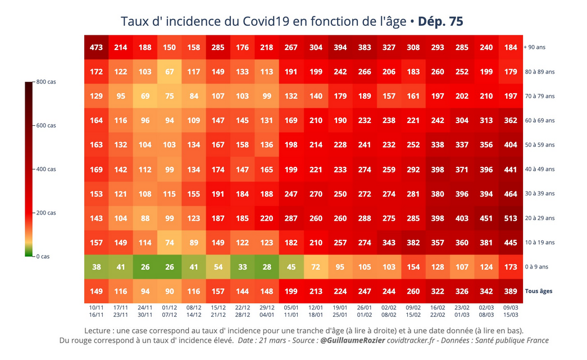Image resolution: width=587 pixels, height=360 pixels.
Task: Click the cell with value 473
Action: [x=96, y=48]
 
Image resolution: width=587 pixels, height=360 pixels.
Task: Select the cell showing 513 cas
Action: [x=511, y=218]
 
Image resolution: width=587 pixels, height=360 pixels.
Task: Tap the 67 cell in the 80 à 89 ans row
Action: [x=169, y=72]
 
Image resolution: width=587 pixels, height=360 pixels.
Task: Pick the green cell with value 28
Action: [x=267, y=267]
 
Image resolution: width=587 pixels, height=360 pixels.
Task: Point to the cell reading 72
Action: [x=316, y=267]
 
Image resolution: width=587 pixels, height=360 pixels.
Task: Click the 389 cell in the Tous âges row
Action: [x=511, y=291]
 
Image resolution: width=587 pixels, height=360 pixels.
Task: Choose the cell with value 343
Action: [x=389, y=243]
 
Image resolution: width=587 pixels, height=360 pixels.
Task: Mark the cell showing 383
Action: [x=365, y=48]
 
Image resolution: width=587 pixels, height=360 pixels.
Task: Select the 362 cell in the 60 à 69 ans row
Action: [x=511, y=121]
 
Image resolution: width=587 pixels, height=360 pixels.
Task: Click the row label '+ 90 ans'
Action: [x=535, y=48]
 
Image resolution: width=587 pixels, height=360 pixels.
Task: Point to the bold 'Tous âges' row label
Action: [x=539, y=291]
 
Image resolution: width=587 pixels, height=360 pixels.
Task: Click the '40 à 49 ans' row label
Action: [x=539, y=170]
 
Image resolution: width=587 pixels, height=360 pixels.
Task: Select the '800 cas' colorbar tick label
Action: [x=46, y=82]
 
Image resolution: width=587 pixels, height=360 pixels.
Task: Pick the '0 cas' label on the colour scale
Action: [x=43, y=257]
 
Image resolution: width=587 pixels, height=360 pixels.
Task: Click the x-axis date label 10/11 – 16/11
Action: [x=96, y=311]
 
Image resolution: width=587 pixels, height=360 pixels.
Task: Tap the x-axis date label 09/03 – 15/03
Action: [x=511, y=311]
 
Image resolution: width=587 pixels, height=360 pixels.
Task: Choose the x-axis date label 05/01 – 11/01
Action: [x=291, y=311]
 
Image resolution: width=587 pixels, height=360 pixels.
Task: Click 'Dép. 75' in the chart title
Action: [x=440, y=21]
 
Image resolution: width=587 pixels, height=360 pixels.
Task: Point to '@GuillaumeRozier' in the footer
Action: [x=353, y=340]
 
